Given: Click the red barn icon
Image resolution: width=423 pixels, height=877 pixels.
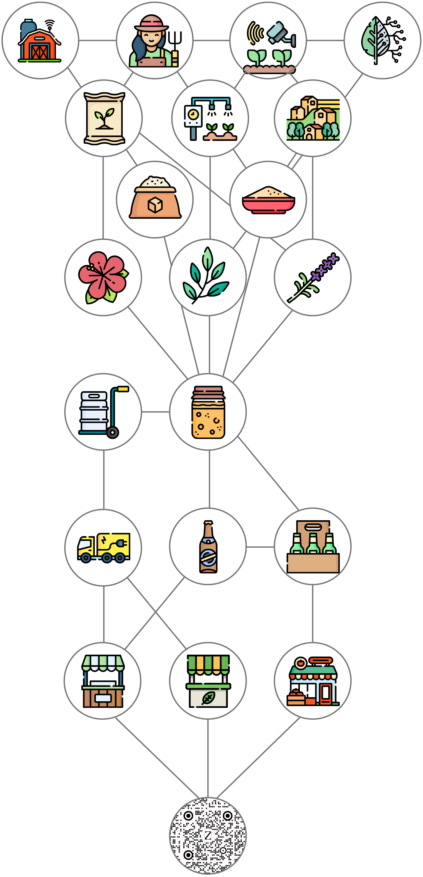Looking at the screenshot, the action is [40, 41].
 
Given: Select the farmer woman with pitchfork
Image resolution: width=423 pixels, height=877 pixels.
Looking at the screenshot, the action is [155, 41].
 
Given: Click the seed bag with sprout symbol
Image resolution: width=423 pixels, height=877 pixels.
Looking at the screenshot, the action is [104, 118].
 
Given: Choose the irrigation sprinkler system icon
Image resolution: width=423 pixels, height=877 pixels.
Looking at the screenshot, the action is [210, 118].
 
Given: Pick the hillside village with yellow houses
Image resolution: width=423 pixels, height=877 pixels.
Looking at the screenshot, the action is [313, 118].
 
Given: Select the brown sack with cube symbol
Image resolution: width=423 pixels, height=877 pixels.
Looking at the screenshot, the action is [155, 199].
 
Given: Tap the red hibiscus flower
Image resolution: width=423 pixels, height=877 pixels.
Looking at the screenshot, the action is [103, 277].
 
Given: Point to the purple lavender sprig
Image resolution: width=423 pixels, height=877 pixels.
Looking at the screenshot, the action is [313, 277].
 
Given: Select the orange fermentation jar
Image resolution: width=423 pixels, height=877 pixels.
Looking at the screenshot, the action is [208, 412].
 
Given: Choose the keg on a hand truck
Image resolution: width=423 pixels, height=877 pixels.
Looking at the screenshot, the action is [103, 412].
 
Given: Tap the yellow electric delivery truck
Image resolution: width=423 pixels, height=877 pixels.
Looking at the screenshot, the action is [103, 548].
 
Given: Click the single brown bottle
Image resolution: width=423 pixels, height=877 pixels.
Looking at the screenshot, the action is [208, 547].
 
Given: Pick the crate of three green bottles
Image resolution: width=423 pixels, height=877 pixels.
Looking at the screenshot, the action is [313, 547].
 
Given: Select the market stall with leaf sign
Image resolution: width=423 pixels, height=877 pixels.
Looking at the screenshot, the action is [208, 681].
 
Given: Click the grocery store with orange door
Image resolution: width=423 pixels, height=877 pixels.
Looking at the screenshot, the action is [313, 681].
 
